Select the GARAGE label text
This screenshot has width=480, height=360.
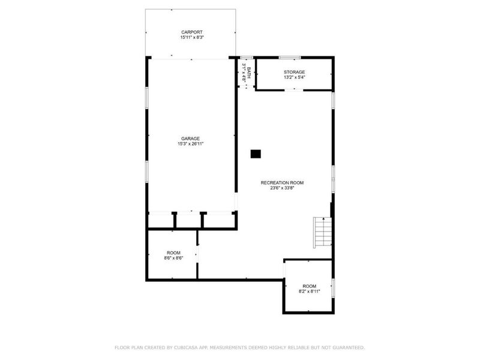coord(191,139)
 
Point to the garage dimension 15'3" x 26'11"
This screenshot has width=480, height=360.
coord(191,144)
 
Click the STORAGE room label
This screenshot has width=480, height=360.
coord(294,72)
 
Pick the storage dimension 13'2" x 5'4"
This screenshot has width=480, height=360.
coord(294,77)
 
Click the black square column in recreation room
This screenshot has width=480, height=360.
coord(256,154)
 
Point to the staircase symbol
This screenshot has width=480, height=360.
coord(322,232)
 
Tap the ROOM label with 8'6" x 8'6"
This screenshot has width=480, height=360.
coord(173,253)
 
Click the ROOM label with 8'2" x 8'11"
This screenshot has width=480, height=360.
coord(310,286)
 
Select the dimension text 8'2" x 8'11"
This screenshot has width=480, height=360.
coord(310,292)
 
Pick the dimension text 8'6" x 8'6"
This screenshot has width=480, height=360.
coord(173,258)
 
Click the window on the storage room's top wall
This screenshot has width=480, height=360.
coord(289,58)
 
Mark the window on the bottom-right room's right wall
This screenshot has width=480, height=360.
coord(334,287)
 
